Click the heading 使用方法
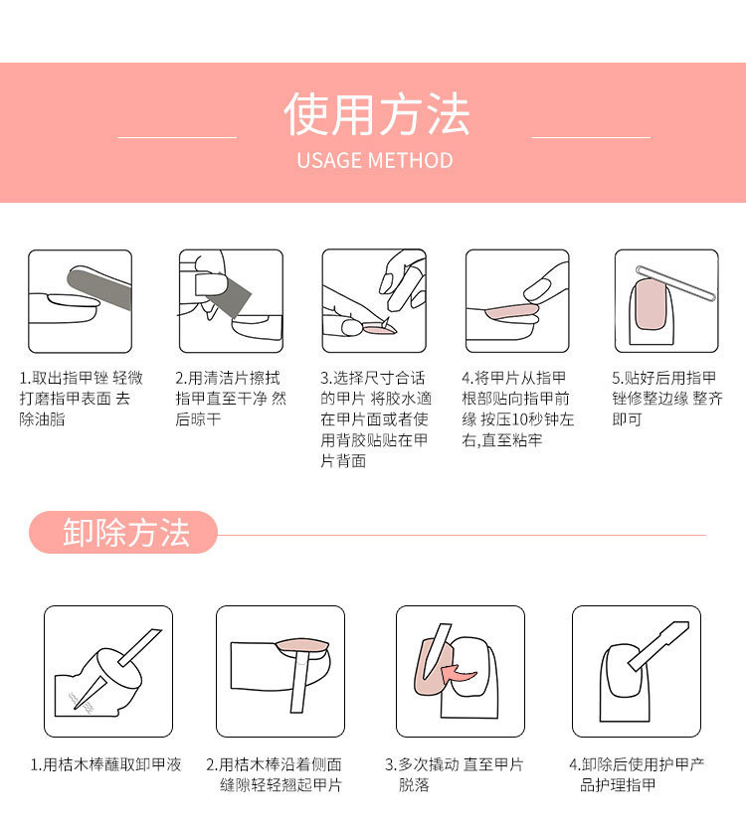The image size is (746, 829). tap(375, 114)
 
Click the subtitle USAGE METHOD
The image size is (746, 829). tap(374, 160)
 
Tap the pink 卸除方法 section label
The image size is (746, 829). tap(124, 533)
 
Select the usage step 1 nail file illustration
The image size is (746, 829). tap(80, 300)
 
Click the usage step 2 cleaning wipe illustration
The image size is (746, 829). tap(231, 300)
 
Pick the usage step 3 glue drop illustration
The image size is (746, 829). tap(374, 300)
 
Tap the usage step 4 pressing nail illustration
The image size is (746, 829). tap(517, 300)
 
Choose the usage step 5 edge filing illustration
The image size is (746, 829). tap(665, 300)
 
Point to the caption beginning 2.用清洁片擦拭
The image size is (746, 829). tap(231, 399)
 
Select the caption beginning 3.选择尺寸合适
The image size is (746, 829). tap(375, 419)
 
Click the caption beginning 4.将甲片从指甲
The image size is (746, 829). tap(518, 409)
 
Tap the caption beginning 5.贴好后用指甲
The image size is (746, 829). tap(665, 399)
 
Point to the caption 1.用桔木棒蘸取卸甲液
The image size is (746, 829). tap(106, 764)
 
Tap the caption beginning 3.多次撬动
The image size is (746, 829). tap(454, 774)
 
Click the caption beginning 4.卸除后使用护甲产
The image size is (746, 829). tap(637, 774)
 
